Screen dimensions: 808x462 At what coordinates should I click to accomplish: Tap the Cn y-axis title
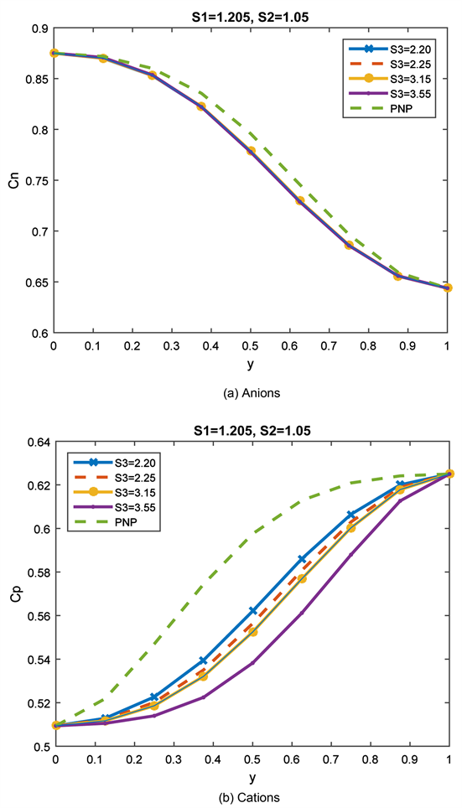point(14,180)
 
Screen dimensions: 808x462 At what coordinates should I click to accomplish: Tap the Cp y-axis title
point(14,594)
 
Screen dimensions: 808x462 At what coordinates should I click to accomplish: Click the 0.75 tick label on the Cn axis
point(36,180)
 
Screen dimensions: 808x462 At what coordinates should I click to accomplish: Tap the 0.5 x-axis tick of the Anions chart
point(251,345)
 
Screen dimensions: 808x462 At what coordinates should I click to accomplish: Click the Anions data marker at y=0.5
point(251,151)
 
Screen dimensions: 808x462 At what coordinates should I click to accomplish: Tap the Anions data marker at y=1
point(448,287)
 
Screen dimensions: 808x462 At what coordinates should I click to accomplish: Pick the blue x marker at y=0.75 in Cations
point(350,514)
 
